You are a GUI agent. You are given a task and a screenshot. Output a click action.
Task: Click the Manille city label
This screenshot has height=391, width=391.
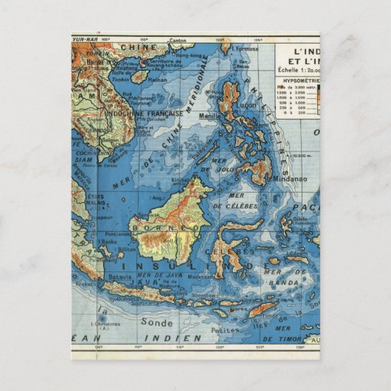[x=210, y=116]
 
